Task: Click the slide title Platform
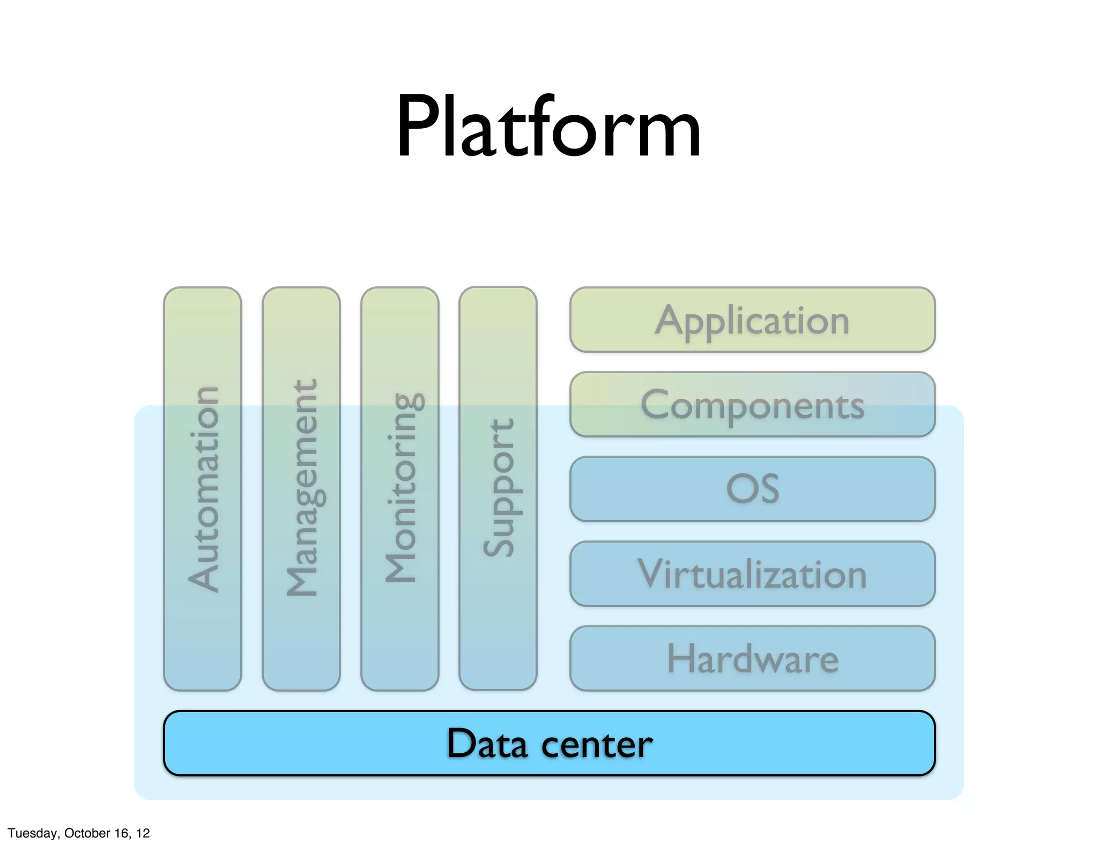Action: pyautogui.click(x=548, y=128)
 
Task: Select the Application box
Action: pyautogui.click(x=752, y=320)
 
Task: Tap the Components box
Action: pyautogui.click(x=752, y=405)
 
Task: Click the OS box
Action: pyautogui.click(x=752, y=489)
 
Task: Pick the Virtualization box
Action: pyautogui.click(x=752, y=574)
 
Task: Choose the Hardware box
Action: pyautogui.click(x=752, y=658)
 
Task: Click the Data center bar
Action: pyautogui.click(x=549, y=743)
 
